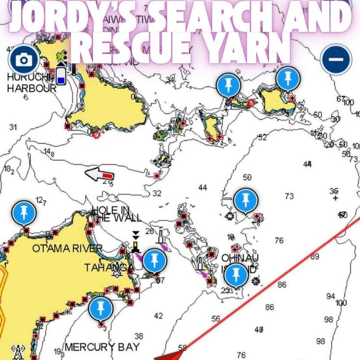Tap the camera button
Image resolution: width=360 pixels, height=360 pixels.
[23, 60]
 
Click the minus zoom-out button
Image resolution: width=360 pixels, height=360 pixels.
[336, 59]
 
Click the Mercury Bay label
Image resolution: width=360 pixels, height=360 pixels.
[102, 347]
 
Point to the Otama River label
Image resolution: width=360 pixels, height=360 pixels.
[67, 248]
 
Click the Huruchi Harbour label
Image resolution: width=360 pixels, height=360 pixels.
[31, 84]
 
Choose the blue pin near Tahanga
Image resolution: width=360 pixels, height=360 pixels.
[154, 261]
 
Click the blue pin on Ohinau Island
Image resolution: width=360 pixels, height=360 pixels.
[236, 275]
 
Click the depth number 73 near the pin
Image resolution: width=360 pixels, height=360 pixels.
[289, 196]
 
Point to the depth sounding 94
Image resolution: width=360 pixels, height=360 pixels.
[331, 296]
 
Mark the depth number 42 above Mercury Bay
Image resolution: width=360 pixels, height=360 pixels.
[158, 315]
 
